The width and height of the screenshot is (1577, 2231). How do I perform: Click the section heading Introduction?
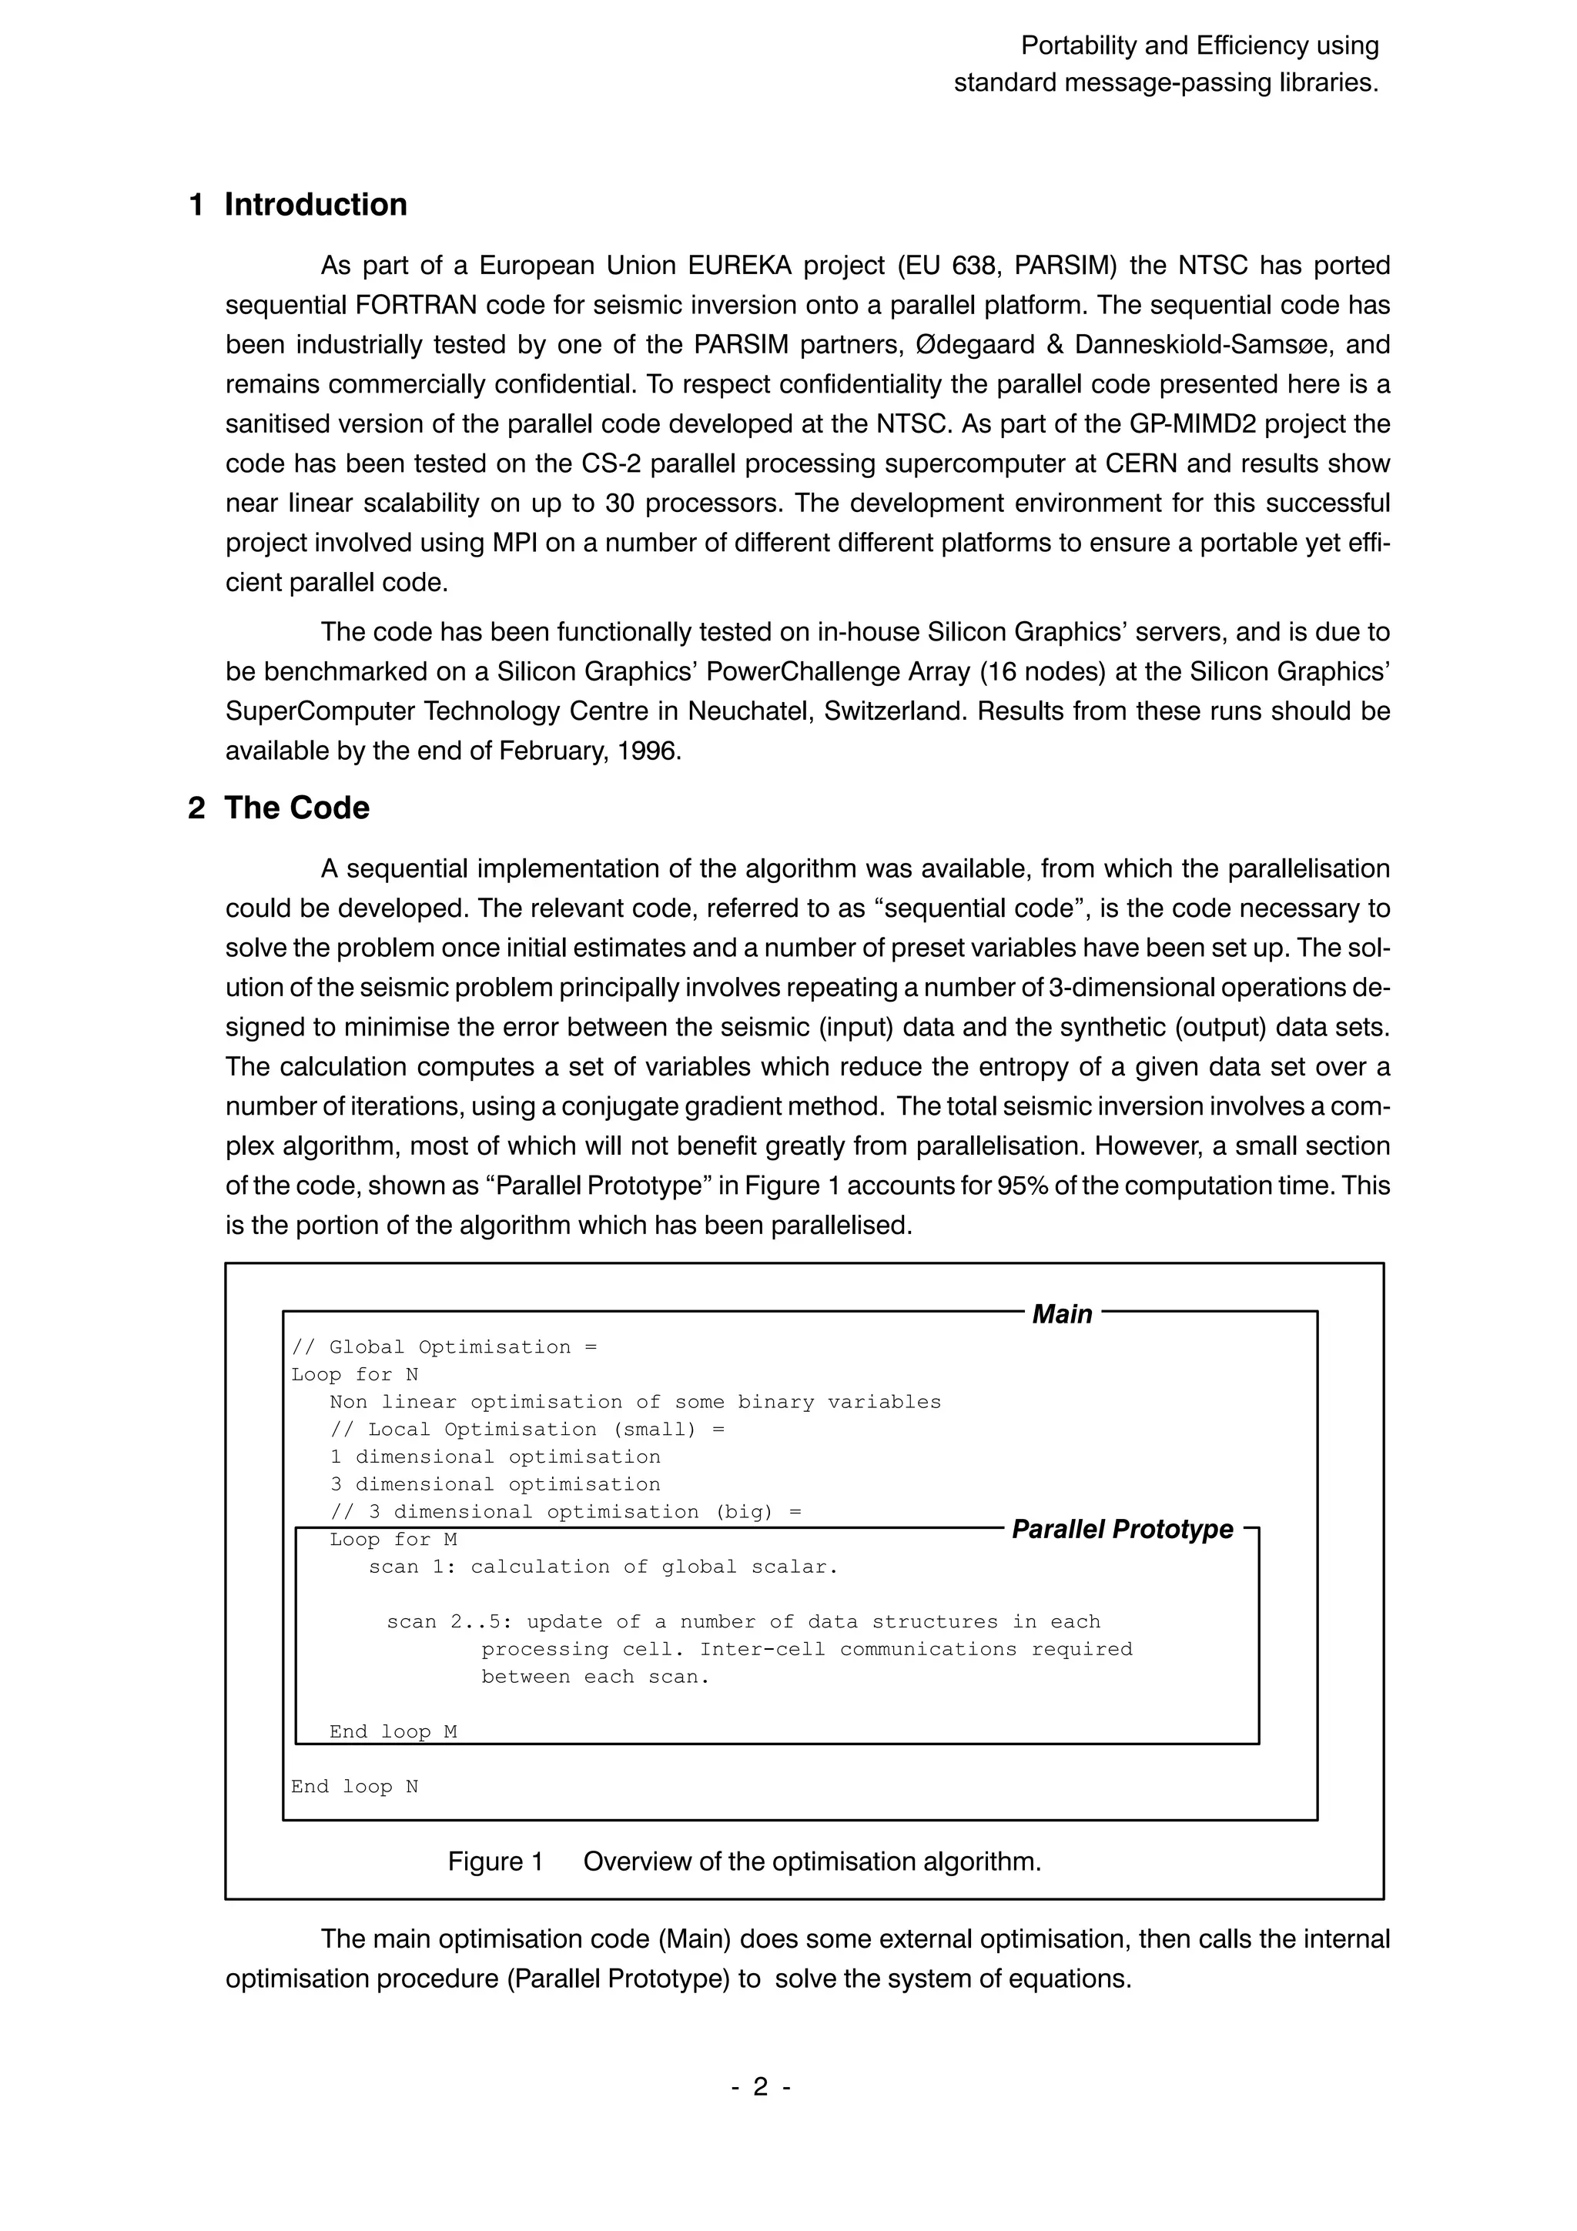coord(315,205)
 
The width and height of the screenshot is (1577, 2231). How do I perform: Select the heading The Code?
coord(296,808)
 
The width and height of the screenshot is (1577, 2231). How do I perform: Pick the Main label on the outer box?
coord(1061,1315)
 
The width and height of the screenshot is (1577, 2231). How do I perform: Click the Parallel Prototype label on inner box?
coord(1122,1530)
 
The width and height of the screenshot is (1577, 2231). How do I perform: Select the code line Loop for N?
coord(355,1375)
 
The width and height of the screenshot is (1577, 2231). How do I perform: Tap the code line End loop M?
coord(393,1731)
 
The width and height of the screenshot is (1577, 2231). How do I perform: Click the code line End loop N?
coord(355,1786)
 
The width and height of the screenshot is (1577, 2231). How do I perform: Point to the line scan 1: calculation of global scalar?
coord(602,1567)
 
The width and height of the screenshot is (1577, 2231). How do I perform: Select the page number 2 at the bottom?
coord(761,2086)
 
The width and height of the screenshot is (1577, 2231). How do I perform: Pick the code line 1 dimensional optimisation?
coord(494,1457)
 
